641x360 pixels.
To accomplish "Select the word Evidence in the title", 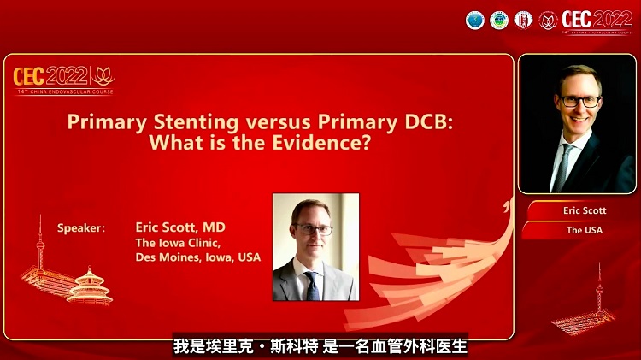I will pos(319,143).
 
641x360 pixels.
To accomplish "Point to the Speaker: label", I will pos(81,228).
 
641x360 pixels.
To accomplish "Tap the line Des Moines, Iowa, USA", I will pos(197,257).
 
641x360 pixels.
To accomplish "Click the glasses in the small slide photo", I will pos(313,229).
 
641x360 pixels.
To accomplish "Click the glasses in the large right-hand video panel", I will pos(581,101).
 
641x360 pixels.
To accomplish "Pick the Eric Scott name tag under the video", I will pos(585,210).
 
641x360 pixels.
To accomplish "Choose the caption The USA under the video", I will pos(585,230).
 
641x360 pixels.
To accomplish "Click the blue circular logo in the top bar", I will pos(475,20).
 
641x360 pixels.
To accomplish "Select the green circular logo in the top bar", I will pos(499,20).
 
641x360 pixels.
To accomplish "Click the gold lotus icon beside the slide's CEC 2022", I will pos(103,74).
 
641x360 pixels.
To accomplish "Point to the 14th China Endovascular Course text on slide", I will pos(64,91).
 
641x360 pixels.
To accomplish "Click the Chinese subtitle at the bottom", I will pos(320,346).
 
